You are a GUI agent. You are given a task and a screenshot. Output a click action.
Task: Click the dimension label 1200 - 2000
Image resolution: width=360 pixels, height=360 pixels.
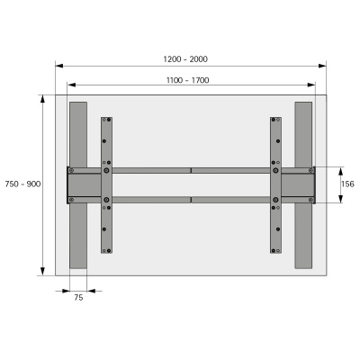tap(185, 58)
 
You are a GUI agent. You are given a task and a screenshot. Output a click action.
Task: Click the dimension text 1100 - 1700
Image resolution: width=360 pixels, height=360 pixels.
tap(187, 80)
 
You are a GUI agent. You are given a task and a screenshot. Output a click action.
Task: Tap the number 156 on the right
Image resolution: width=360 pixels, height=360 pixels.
tap(346, 184)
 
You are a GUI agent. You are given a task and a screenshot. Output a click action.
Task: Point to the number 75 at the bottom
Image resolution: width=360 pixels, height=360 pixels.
tap(78, 297)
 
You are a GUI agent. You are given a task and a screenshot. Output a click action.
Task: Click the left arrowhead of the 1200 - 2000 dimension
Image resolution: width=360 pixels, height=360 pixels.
tap(58, 65)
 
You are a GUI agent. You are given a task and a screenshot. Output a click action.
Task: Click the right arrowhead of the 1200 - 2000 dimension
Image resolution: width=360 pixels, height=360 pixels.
tap(323, 65)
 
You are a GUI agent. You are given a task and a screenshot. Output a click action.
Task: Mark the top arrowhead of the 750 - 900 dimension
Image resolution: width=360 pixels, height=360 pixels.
tap(42, 97)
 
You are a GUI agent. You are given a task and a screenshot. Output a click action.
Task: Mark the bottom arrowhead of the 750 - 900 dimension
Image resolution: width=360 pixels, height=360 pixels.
tap(42, 272)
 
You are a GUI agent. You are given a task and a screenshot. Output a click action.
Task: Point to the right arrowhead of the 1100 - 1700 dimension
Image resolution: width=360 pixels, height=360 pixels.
tap(312, 86)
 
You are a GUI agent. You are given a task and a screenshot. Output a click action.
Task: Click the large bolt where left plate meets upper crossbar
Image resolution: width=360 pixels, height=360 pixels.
tap(107, 170)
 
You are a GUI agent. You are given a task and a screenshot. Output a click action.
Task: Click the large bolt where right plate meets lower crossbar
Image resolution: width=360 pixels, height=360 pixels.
tap(276, 199)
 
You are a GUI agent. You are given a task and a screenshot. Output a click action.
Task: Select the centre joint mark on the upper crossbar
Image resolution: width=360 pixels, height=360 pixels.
tap(191, 170)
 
